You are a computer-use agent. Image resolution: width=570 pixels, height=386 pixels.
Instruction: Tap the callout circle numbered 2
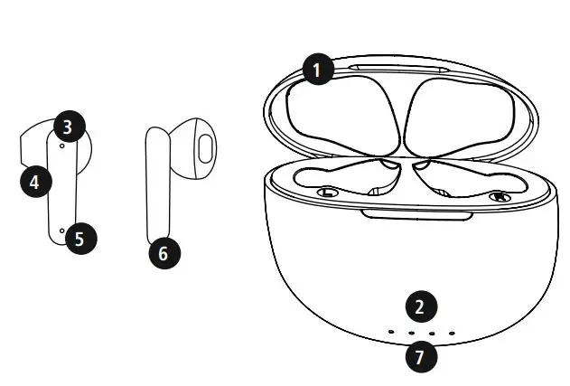pos(418,306)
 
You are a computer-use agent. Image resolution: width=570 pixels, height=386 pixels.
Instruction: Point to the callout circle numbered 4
pos(34,181)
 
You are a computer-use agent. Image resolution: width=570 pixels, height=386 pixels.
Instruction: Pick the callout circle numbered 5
pos(79,239)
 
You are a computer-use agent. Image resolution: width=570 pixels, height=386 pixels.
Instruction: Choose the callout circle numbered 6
pos(164,253)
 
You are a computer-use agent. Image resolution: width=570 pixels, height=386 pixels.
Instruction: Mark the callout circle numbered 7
pos(418,356)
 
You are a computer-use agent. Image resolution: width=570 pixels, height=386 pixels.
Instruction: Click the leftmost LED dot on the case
pos(391,333)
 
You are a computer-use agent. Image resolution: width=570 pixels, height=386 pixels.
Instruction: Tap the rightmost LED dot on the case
pos(452,333)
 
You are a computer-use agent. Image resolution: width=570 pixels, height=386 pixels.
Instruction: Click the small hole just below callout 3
pos(61,144)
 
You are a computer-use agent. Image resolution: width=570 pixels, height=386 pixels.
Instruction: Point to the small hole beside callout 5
pos(61,231)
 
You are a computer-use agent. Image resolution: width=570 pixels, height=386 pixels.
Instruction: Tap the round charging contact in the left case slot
pos(329,193)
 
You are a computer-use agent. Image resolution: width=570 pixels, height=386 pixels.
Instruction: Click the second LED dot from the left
pos(411,334)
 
